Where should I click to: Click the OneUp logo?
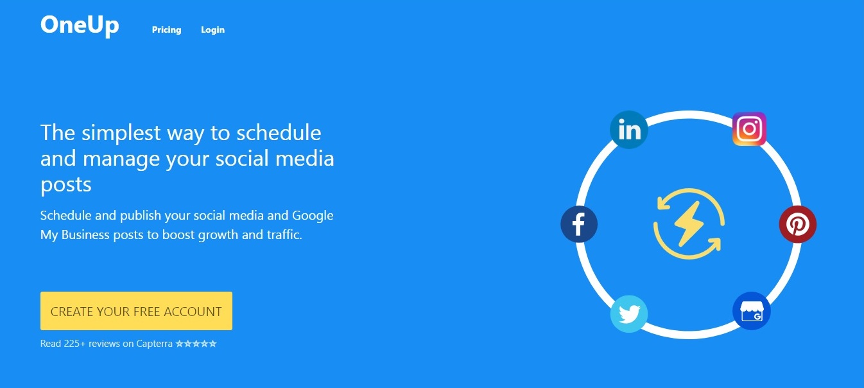click(80, 26)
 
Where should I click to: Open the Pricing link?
click(167, 30)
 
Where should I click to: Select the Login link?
click(212, 30)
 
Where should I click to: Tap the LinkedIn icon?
click(629, 130)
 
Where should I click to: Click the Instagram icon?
click(750, 129)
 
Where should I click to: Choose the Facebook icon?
click(579, 224)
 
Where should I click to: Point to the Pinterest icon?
click(798, 224)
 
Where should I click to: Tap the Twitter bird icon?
click(629, 314)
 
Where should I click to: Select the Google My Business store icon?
click(752, 311)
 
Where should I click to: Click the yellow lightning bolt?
click(689, 224)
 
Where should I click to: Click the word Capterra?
click(154, 344)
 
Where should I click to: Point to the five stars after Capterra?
click(196, 344)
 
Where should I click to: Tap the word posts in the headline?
click(66, 184)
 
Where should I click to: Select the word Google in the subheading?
click(313, 216)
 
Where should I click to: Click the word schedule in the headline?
click(279, 132)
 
